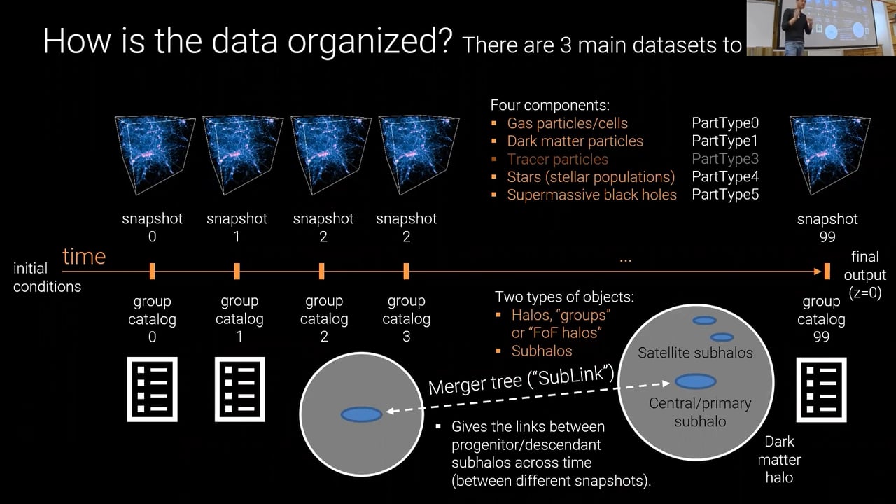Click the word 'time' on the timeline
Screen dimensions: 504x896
tap(84, 256)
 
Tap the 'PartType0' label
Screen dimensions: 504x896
tap(724, 123)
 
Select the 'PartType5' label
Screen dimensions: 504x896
tap(724, 195)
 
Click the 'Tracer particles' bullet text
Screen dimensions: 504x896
tap(557, 159)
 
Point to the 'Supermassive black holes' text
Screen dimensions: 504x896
tap(591, 195)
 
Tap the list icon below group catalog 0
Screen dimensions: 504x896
tap(152, 389)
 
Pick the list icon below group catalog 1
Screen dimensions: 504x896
tap(240, 389)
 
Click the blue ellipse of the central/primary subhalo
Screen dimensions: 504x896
tap(695, 381)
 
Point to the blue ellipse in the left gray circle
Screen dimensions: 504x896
tap(361, 414)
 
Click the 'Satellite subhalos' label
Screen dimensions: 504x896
tap(695, 353)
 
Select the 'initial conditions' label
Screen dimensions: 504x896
tap(47, 277)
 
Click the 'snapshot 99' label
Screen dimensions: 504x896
tap(827, 227)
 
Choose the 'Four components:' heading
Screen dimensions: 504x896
tap(549, 106)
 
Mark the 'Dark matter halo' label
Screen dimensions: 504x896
tap(779, 460)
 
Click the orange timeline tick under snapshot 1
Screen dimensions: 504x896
tap(237, 271)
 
